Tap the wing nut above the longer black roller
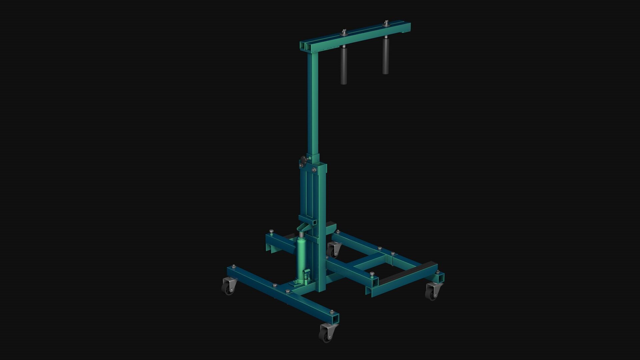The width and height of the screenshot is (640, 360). tap(343, 32)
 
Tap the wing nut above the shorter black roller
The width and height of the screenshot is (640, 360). tap(386, 23)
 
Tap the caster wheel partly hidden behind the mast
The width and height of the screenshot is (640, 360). tap(334, 250)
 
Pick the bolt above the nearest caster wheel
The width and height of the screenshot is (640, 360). tap(332, 312)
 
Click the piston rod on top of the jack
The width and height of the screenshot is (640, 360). tap(302, 235)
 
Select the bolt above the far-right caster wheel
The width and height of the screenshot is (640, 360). tap(437, 272)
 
